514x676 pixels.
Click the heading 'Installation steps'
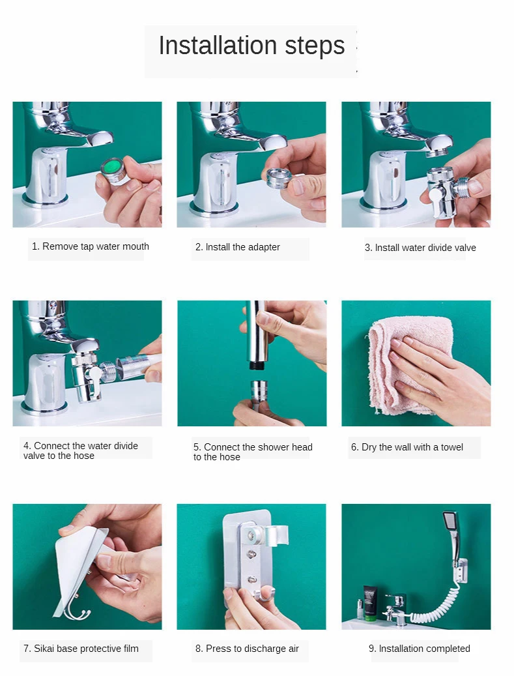(251, 46)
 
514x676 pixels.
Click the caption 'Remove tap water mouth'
(96, 246)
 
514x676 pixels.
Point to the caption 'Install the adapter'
(242, 247)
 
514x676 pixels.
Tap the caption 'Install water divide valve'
(425, 248)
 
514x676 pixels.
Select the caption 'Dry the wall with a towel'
(412, 447)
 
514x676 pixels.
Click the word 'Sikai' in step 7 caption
(44, 649)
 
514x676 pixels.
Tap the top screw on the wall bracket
(251, 536)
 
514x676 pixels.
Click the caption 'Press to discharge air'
(252, 649)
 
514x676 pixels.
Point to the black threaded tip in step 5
(255, 366)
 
